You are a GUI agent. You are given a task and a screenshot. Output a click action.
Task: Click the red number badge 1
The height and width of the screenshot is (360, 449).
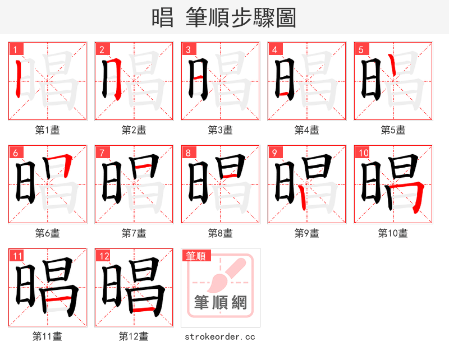[14, 49]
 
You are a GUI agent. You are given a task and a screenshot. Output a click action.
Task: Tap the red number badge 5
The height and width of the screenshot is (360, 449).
[360, 49]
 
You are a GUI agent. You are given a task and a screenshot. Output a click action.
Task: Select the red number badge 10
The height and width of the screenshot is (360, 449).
[362, 152]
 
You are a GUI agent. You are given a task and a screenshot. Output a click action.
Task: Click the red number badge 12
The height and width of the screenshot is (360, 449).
[103, 256]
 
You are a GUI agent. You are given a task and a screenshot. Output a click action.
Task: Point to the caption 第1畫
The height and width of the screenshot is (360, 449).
[48, 130]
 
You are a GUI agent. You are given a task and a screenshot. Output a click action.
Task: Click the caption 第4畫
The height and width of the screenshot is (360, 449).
[307, 130]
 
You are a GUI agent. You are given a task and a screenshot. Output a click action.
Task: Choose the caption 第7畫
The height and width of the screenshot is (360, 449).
[134, 233]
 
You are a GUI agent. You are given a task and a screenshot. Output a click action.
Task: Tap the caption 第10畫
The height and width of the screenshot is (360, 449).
[393, 233]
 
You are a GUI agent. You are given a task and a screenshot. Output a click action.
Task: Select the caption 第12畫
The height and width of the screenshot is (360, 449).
[134, 336]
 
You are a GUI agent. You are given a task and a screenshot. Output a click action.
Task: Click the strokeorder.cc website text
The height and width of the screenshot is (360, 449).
[220, 336]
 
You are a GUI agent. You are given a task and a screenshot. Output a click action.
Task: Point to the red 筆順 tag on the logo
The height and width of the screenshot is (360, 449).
[195, 256]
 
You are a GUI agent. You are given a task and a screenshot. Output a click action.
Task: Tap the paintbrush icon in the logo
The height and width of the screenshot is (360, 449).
[223, 275]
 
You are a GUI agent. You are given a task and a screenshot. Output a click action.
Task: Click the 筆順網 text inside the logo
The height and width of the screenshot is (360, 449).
[221, 302]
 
